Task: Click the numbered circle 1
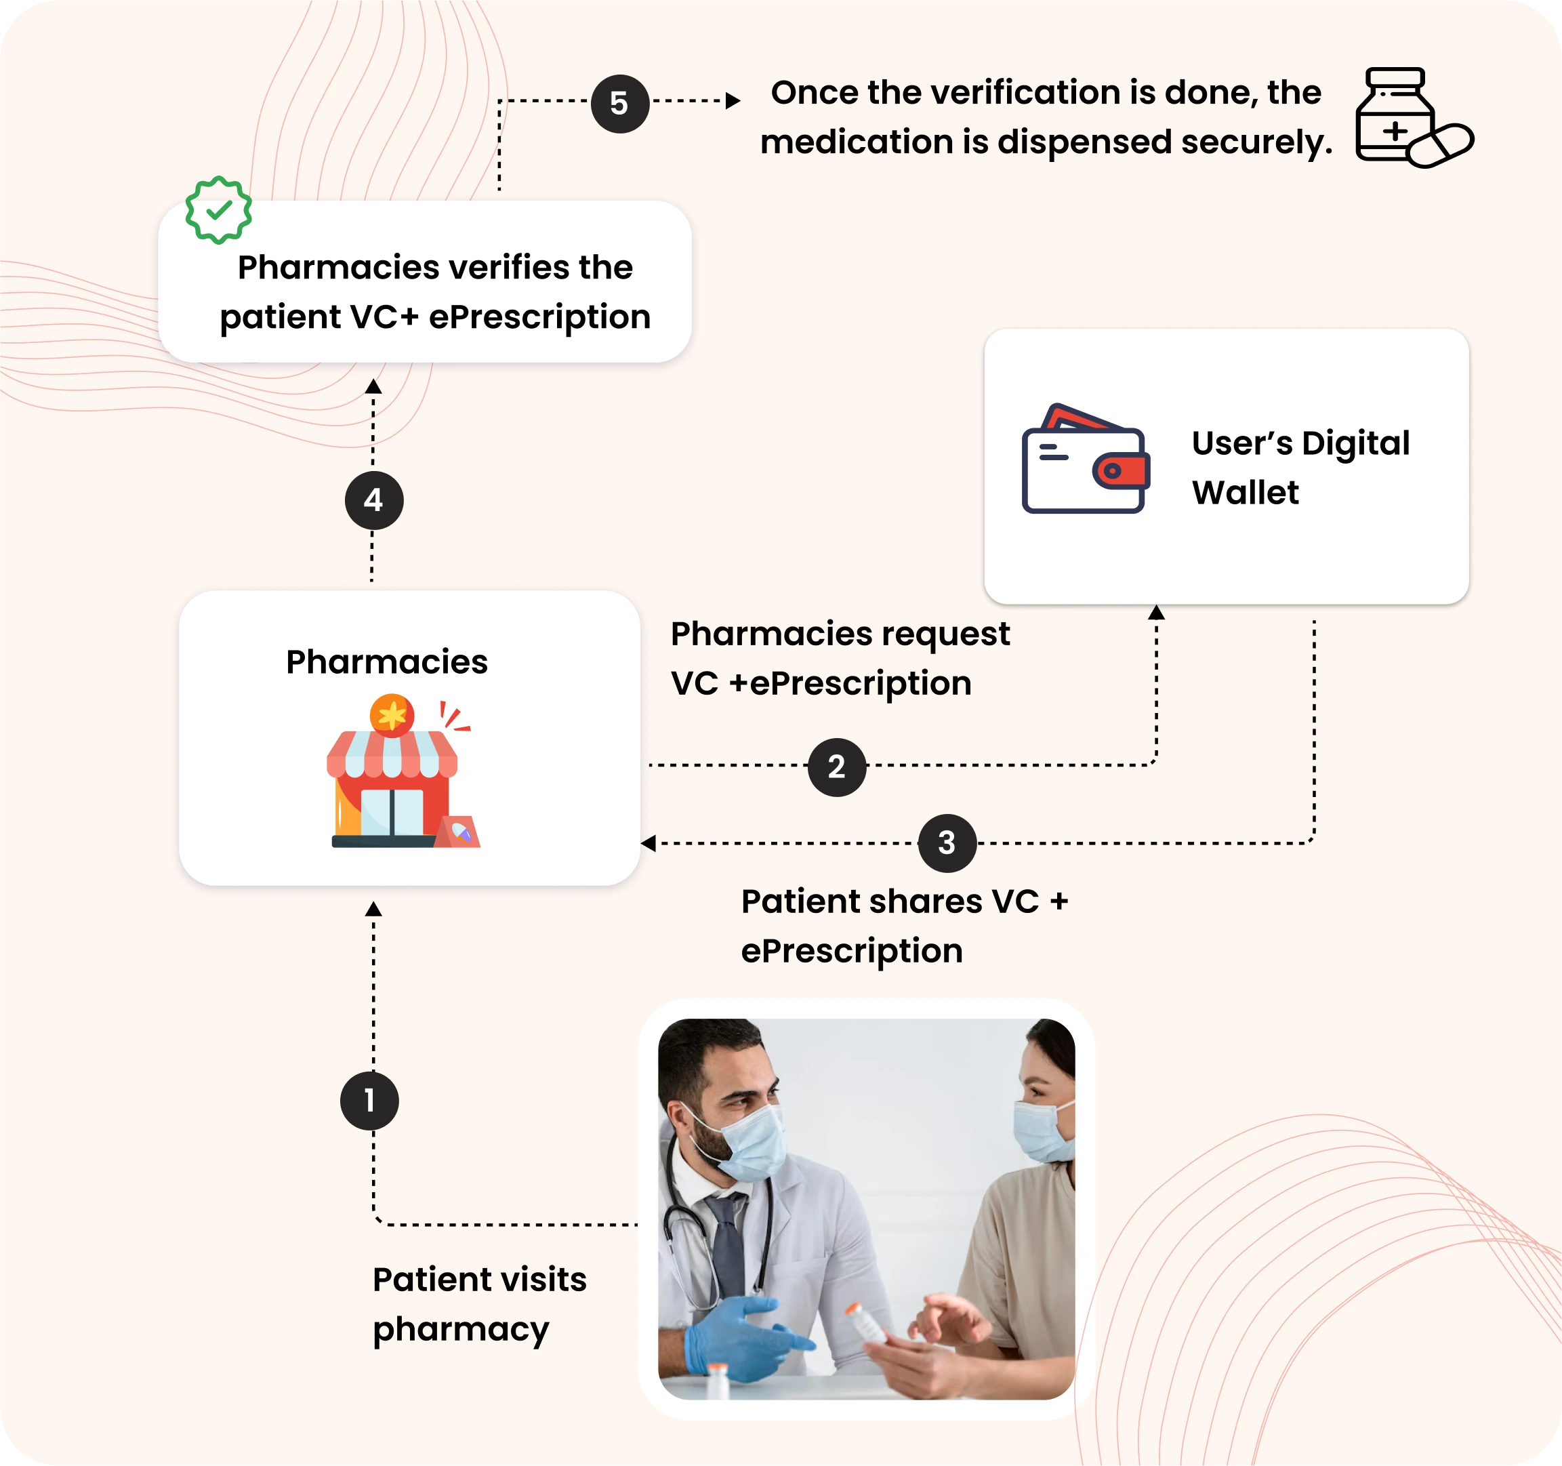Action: pyautogui.click(x=369, y=1101)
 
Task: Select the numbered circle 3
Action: pyautogui.click(x=947, y=843)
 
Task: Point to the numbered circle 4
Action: pyautogui.click(x=374, y=500)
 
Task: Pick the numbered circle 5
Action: pyautogui.click(x=620, y=103)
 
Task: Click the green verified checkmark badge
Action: pyautogui.click(x=218, y=209)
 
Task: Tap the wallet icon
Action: pyautogui.click(x=1085, y=460)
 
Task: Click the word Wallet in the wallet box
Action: pyautogui.click(x=1245, y=493)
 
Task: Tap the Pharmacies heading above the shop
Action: pyautogui.click(x=386, y=661)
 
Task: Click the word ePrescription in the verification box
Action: pyautogui.click(x=540, y=317)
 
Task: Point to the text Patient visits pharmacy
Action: pyautogui.click(x=478, y=1303)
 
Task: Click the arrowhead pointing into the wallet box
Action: pyautogui.click(x=1156, y=613)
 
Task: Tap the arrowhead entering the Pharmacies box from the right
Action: pyautogui.click(x=649, y=843)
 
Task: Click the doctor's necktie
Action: pyautogui.click(x=726, y=1241)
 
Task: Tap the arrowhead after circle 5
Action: pyautogui.click(x=733, y=100)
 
